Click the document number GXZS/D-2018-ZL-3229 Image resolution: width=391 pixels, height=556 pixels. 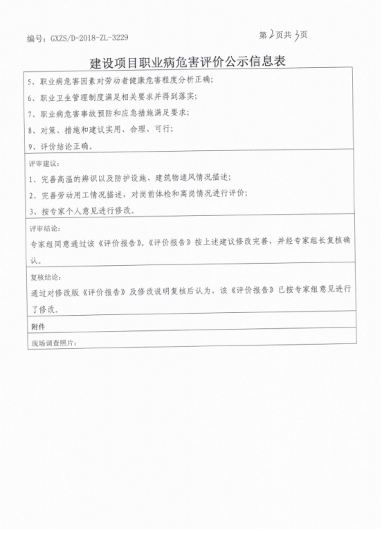(x=77, y=37)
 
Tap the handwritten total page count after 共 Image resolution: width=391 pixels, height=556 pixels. (x=297, y=35)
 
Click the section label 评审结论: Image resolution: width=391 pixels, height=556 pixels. (x=44, y=228)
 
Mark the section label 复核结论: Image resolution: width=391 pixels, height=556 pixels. (x=44, y=277)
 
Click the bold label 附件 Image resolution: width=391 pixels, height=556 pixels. (x=38, y=325)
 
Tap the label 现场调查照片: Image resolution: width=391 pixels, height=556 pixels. (x=52, y=343)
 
